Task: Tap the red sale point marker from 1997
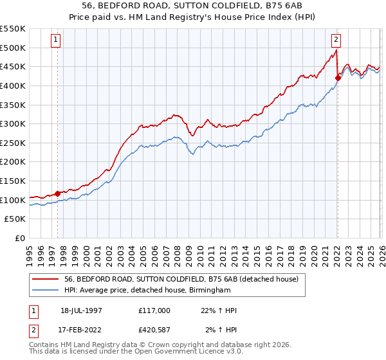pos(58,193)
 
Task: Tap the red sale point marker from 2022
pos(337,78)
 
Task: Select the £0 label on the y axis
pos(21,238)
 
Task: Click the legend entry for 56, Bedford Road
pos(181,280)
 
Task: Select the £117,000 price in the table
pos(154,310)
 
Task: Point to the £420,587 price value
pos(154,331)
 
